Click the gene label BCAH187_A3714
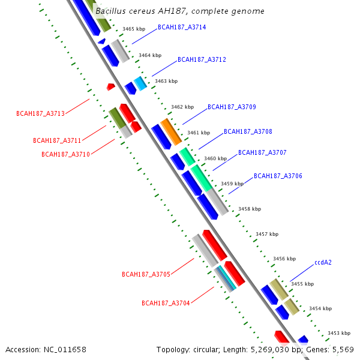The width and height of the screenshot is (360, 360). click(x=182, y=28)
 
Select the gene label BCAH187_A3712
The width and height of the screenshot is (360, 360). click(x=202, y=59)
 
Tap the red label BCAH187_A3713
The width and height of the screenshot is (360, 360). click(x=40, y=113)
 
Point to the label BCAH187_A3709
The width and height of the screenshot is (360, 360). click(x=232, y=107)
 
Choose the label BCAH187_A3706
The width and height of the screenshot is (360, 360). click(x=278, y=176)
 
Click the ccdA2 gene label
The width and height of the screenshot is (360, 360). click(x=323, y=262)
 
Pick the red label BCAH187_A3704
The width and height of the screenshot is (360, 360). click(x=166, y=303)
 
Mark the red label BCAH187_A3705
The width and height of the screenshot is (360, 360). click(x=146, y=274)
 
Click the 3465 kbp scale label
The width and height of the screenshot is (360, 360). click(x=134, y=29)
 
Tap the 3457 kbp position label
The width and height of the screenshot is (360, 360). click(x=267, y=234)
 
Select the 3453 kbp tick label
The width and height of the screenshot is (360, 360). click(x=338, y=333)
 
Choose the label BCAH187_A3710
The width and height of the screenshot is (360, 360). click(x=65, y=154)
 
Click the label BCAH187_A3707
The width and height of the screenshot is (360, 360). click(x=262, y=152)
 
